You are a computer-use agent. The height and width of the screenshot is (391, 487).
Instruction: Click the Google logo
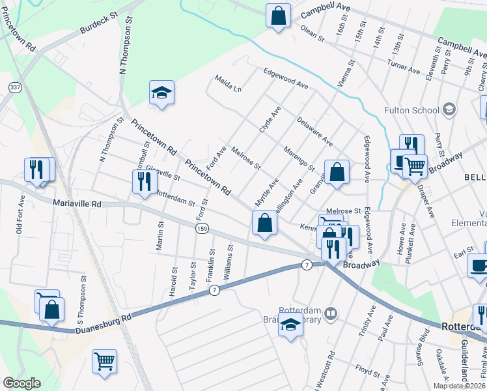point(21,383)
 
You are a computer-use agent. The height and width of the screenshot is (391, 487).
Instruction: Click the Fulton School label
point(411,110)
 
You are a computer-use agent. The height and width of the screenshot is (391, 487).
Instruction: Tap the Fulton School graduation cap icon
point(449,109)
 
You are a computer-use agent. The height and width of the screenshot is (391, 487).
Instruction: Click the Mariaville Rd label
point(77,204)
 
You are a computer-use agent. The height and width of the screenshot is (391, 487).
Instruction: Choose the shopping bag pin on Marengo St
point(337,173)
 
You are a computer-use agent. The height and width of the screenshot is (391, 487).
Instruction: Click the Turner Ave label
point(403,67)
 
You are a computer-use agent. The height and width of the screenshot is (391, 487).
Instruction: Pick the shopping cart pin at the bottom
point(105,360)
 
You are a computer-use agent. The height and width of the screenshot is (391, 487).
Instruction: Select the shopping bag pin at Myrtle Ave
point(264,224)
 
